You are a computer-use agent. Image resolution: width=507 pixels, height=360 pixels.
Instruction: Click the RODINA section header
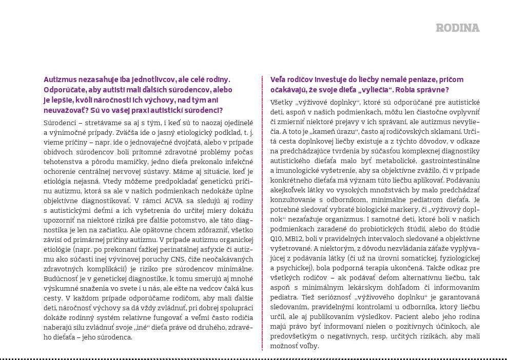coord(457,28)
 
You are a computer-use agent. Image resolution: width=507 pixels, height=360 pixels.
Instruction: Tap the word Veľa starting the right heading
coord(279,79)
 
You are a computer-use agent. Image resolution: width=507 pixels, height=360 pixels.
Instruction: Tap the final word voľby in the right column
coord(310,346)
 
